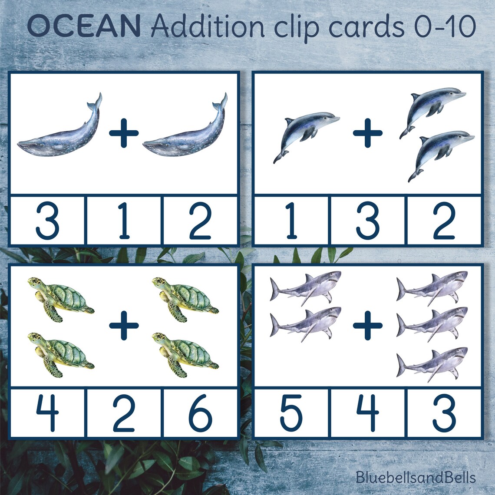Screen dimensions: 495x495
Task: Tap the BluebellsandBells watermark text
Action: pos(416,478)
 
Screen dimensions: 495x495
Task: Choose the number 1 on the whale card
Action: pos(124,221)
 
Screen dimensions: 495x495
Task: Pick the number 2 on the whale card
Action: pos(200,221)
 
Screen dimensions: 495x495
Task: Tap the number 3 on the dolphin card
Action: pos(368,221)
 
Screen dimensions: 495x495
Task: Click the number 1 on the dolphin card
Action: pos(291,221)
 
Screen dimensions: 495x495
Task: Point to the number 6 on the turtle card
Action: pos(200,413)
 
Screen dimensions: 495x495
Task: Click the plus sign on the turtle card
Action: pos(124,324)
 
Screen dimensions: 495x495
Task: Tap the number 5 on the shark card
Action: pos(291,413)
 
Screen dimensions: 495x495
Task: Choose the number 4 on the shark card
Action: pos(368,413)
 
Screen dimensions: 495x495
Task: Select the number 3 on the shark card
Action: pos(444,413)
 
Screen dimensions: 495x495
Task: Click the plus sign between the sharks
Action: pos(367,324)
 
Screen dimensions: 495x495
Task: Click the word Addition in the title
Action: pos(208,27)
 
